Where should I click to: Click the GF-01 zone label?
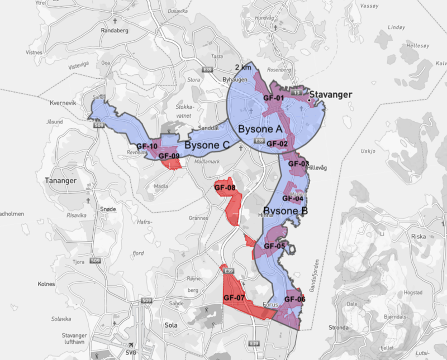click(274, 98)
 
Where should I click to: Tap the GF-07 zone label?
click(234, 298)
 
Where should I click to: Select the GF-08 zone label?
click(225, 188)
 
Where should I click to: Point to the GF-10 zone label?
click(146, 147)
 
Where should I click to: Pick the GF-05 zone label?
click(274, 246)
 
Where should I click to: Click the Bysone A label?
click(260, 129)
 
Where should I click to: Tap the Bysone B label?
click(285, 212)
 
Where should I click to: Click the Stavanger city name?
click(331, 94)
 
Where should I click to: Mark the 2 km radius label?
click(243, 67)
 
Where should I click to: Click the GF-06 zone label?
click(294, 299)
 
